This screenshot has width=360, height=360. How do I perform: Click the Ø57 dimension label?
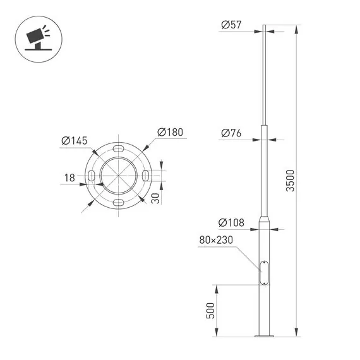coord(232,25)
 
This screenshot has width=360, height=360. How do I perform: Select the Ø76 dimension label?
coord(232,133)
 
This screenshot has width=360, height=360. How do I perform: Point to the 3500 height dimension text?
coord(290,180)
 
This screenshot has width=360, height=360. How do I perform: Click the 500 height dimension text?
coord(211,311)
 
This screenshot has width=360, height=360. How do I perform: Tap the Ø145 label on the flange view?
coord(75,140)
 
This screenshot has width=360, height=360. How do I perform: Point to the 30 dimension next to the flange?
coord(156,198)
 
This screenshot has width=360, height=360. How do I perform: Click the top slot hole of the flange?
coord(119,148)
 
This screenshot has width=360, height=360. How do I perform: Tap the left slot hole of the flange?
coord(92,175)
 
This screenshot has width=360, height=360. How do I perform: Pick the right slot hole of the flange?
coord(146,175)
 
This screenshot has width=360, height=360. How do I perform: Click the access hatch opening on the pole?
coord(263,273)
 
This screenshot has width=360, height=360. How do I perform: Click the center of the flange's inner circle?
coord(119,175)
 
